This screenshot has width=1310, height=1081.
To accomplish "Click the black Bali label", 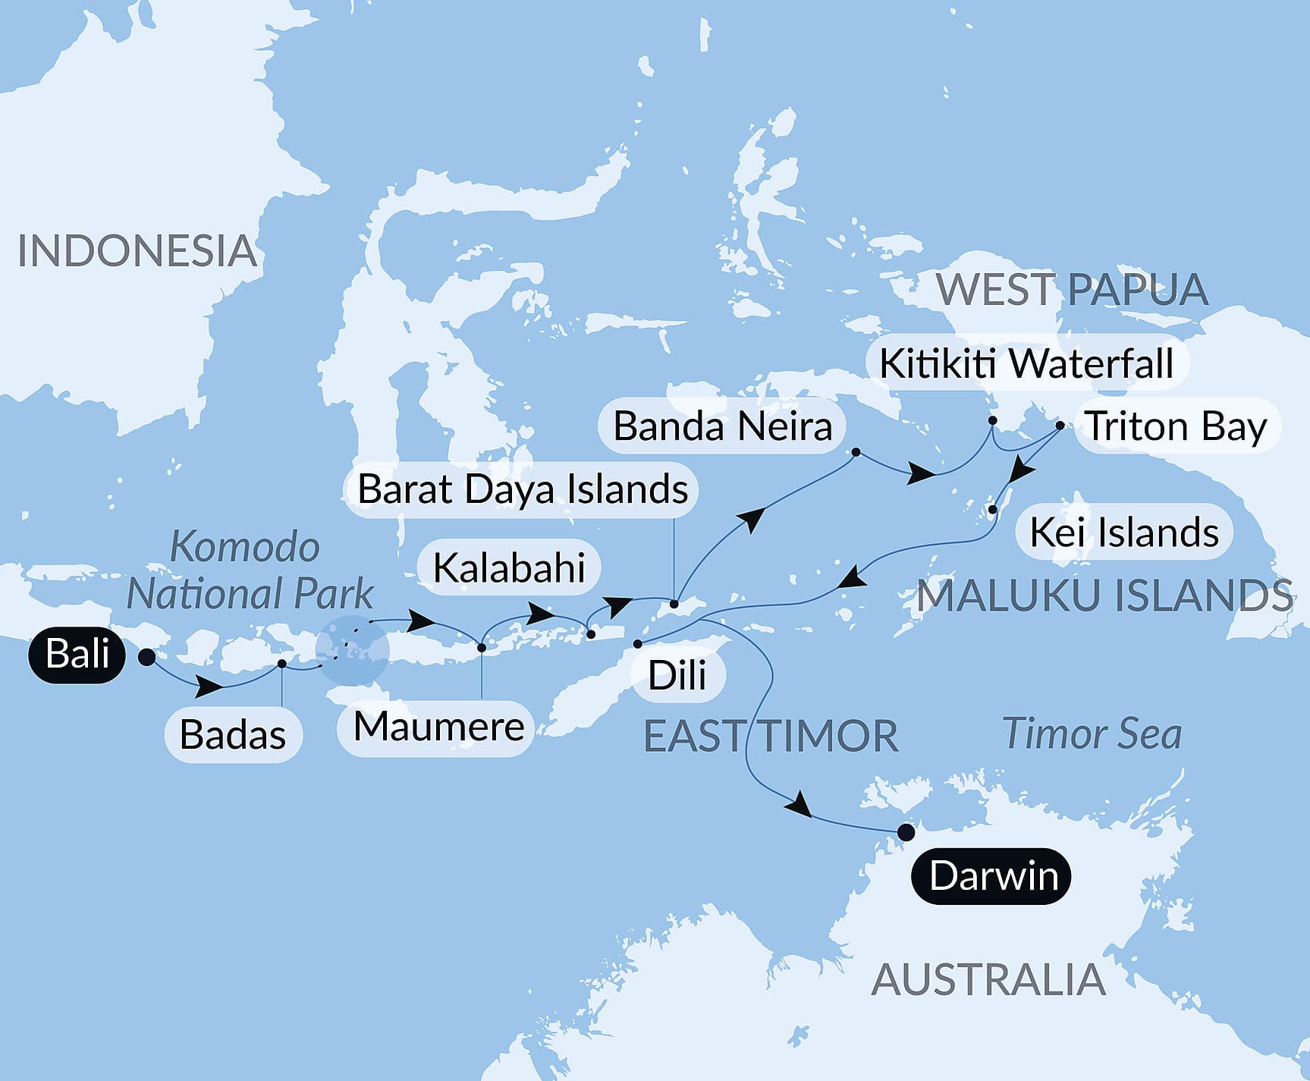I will [x=77, y=654].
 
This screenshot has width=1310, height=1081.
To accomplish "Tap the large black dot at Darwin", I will [x=906, y=832].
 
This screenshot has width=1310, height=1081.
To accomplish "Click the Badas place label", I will [x=233, y=734].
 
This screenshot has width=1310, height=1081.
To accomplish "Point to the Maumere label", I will [x=438, y=727].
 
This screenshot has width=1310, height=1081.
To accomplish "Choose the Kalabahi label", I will [x=509, y=568].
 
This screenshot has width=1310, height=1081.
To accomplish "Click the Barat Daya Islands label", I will [x=523, y=489].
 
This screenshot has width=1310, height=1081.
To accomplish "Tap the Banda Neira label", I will [x=722, y=426].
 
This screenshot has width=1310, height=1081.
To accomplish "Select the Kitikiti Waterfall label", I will [x=1026, y=363].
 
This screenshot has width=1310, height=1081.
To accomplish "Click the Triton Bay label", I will [x=1176, y=426].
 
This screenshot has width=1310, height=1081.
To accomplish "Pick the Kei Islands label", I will [x=1124, y=533].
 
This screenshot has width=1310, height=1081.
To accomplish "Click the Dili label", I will [x=677, y=675].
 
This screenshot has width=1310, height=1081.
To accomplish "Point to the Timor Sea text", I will [x=1092, y=734].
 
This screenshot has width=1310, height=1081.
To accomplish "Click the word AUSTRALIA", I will [x=988, y=979].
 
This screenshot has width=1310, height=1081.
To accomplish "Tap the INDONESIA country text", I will [x=137, y=251].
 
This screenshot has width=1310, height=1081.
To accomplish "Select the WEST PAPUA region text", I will [x=1072, y=290].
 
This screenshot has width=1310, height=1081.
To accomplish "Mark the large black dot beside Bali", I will [x=147, y=657].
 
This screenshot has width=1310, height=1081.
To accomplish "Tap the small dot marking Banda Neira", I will [x=856, y=452].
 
